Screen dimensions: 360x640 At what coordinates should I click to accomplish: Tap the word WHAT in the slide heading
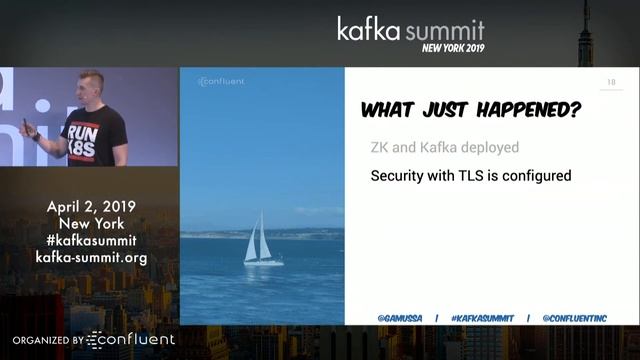pyautogui.click(x=390, y=110)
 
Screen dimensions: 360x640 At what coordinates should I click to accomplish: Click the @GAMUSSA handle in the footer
pyautogui.click(x=400, y=318)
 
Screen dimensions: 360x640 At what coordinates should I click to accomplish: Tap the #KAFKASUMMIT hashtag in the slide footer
pyautogui.click(x=482, y=318)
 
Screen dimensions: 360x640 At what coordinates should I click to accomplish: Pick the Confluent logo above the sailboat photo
pyautogui.click(x=221, y=81)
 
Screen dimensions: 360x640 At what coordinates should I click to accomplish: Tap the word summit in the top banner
pyautogui.click(x=448, y=28)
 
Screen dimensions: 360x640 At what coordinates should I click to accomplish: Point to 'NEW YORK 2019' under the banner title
pyautogui.click(x=452, y=48)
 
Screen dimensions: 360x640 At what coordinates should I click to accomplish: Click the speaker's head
pyautogui.click(x=89, y=87)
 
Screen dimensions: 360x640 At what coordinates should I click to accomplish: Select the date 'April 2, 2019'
pyautogui.click(x=91, y=207)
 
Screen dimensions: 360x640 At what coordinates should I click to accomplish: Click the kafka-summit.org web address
pyautogui.click(x=91, y=257)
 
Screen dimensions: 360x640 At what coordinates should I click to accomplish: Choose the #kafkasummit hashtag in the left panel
pyautogui.click(x=91, y=240)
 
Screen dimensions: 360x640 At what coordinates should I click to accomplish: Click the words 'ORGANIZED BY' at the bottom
pyautogui.click(x=48, y=341)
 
